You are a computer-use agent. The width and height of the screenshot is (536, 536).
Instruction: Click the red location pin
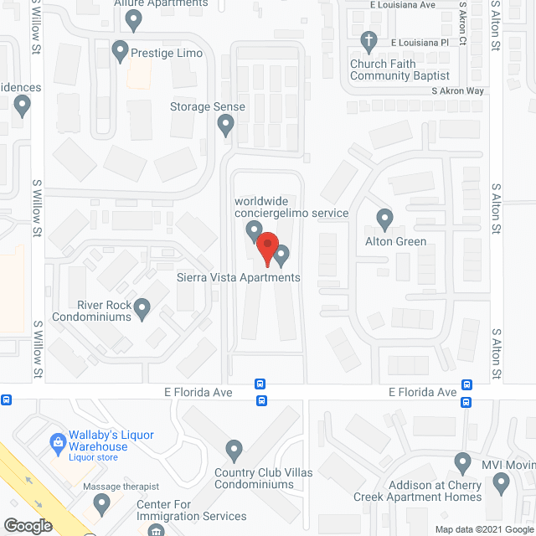point(266,250)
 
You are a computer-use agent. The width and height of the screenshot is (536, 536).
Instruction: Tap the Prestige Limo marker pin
point(120,50)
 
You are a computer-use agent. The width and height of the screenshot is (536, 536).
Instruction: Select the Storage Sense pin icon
point(225,126)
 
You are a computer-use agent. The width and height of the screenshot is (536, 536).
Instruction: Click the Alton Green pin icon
point(384,219)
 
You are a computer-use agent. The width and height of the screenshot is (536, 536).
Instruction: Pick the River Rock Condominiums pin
point(142,309)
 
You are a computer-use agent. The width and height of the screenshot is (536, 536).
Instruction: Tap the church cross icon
point(367,39)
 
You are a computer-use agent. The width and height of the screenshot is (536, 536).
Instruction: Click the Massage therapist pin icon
point(102,503)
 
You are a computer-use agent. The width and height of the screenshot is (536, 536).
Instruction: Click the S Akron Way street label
point(457,90)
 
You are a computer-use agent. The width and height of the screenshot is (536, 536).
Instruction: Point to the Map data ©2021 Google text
point(484,529)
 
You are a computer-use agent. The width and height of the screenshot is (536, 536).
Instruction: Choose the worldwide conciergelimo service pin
point(254,230)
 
